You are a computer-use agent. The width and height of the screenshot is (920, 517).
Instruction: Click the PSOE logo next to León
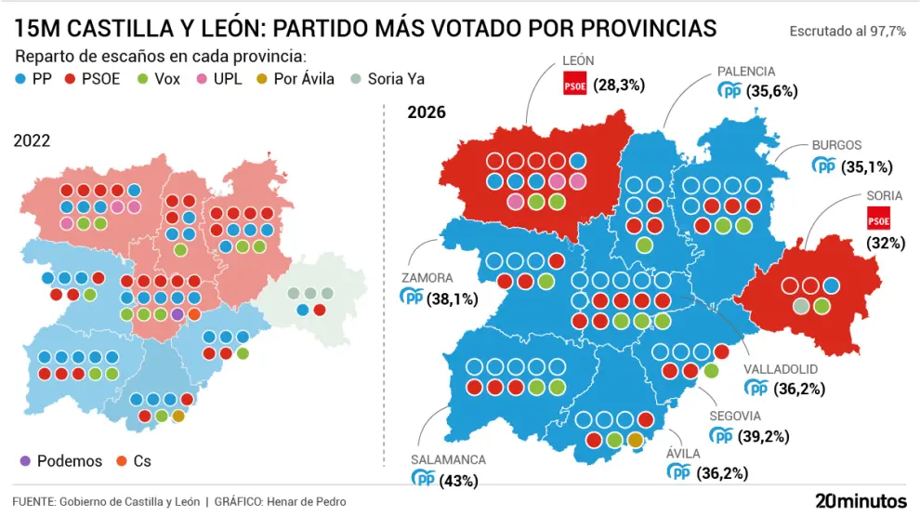pyautogui.click(x=575, y=86)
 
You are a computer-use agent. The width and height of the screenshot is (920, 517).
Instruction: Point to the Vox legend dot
pyautogui.click(x=142, y=79)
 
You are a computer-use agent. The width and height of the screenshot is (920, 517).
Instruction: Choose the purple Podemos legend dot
pyautogui.click(x=25, y=461)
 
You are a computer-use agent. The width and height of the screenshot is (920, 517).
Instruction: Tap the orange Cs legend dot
pyautogui.click(x=121, y=461)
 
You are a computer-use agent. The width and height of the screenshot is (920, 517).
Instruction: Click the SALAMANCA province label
pyautogui.click(x=448, y=459)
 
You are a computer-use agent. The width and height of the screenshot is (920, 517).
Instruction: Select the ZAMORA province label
pyautogui.click(x=427, y=277)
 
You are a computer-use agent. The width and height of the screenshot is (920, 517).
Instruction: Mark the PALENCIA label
pyautogui.click(x=745, y=71)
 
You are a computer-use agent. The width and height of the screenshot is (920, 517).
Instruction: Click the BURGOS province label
pyautogui.click(x=836, y=145)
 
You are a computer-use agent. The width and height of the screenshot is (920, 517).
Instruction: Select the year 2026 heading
pyautogui.click(x=427, y=113)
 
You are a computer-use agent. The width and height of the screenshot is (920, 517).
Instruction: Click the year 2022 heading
pyautogui.click(x=32, y=140)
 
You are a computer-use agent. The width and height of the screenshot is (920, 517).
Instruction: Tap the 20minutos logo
pyautogui.click(x=860, y=500)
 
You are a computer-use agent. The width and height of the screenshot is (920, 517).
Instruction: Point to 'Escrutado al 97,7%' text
pyautogui.click(x=847, y=31)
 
